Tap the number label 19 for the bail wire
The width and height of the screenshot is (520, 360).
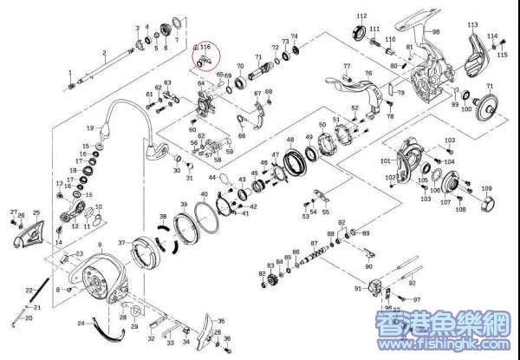[x=89, y=128]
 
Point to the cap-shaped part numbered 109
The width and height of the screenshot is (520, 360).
[x=487, y=203]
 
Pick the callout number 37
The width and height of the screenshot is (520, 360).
[x=121, y=243]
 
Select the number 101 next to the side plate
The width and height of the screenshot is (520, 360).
[x=386, y=161]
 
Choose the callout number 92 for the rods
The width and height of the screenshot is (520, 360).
[x=412, y=283]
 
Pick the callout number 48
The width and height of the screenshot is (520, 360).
[x=289, y=141]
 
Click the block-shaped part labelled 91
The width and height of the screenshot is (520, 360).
[x=374, y=287]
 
